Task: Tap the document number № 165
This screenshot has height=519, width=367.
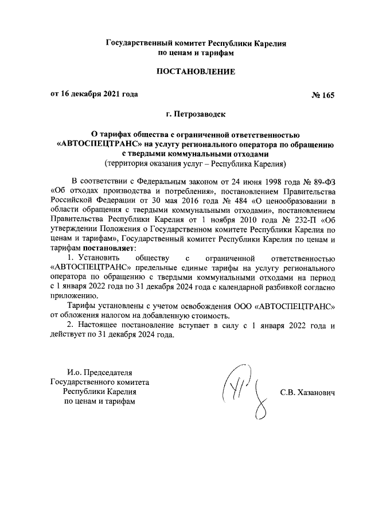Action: (322, 95)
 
